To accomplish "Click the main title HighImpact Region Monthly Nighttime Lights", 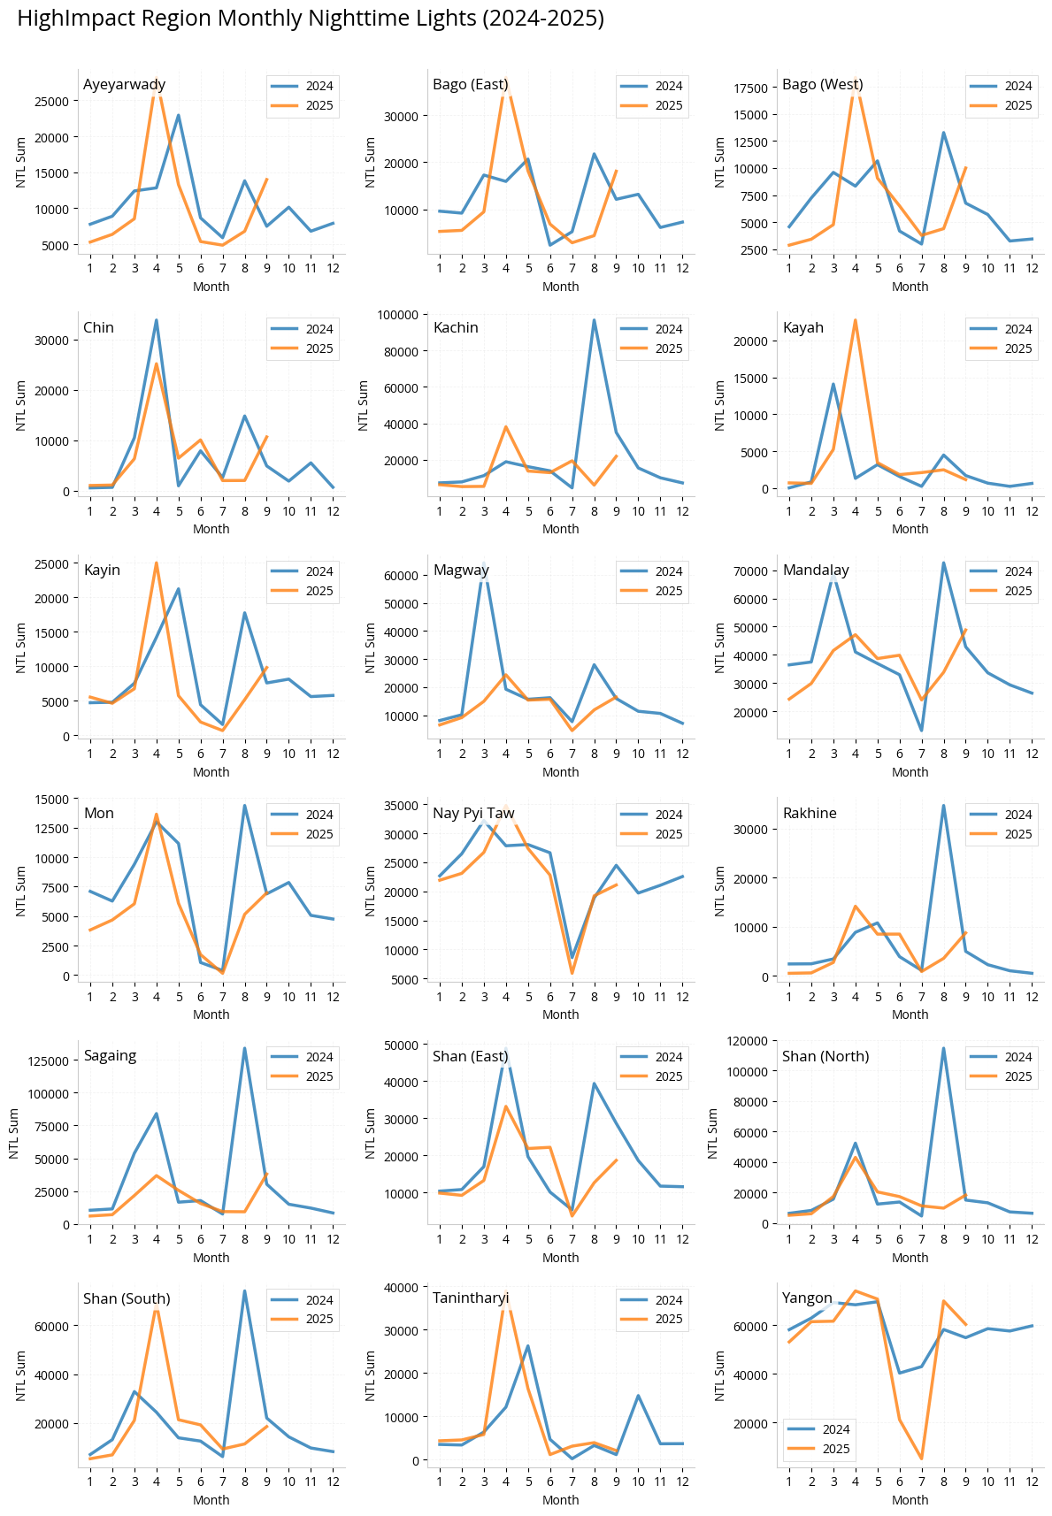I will point(311,19).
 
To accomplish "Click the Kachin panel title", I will point(456,327).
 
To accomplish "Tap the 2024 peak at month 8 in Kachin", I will point(595,320).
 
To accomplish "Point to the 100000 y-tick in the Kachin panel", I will point(397,315).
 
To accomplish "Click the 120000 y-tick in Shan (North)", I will point(749,1041).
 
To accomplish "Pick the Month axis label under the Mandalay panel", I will point(910,772).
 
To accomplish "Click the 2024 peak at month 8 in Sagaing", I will point(245,1049).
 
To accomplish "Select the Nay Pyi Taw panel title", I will point(473,813).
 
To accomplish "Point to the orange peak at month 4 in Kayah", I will point(856,320).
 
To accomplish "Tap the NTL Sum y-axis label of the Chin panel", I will point(21,405).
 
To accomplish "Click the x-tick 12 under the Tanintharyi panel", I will point(682,1481).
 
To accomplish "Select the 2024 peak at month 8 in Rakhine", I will point(943,806).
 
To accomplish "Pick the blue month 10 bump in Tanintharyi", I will point(638,1396).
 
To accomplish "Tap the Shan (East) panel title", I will point(471,1056).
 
